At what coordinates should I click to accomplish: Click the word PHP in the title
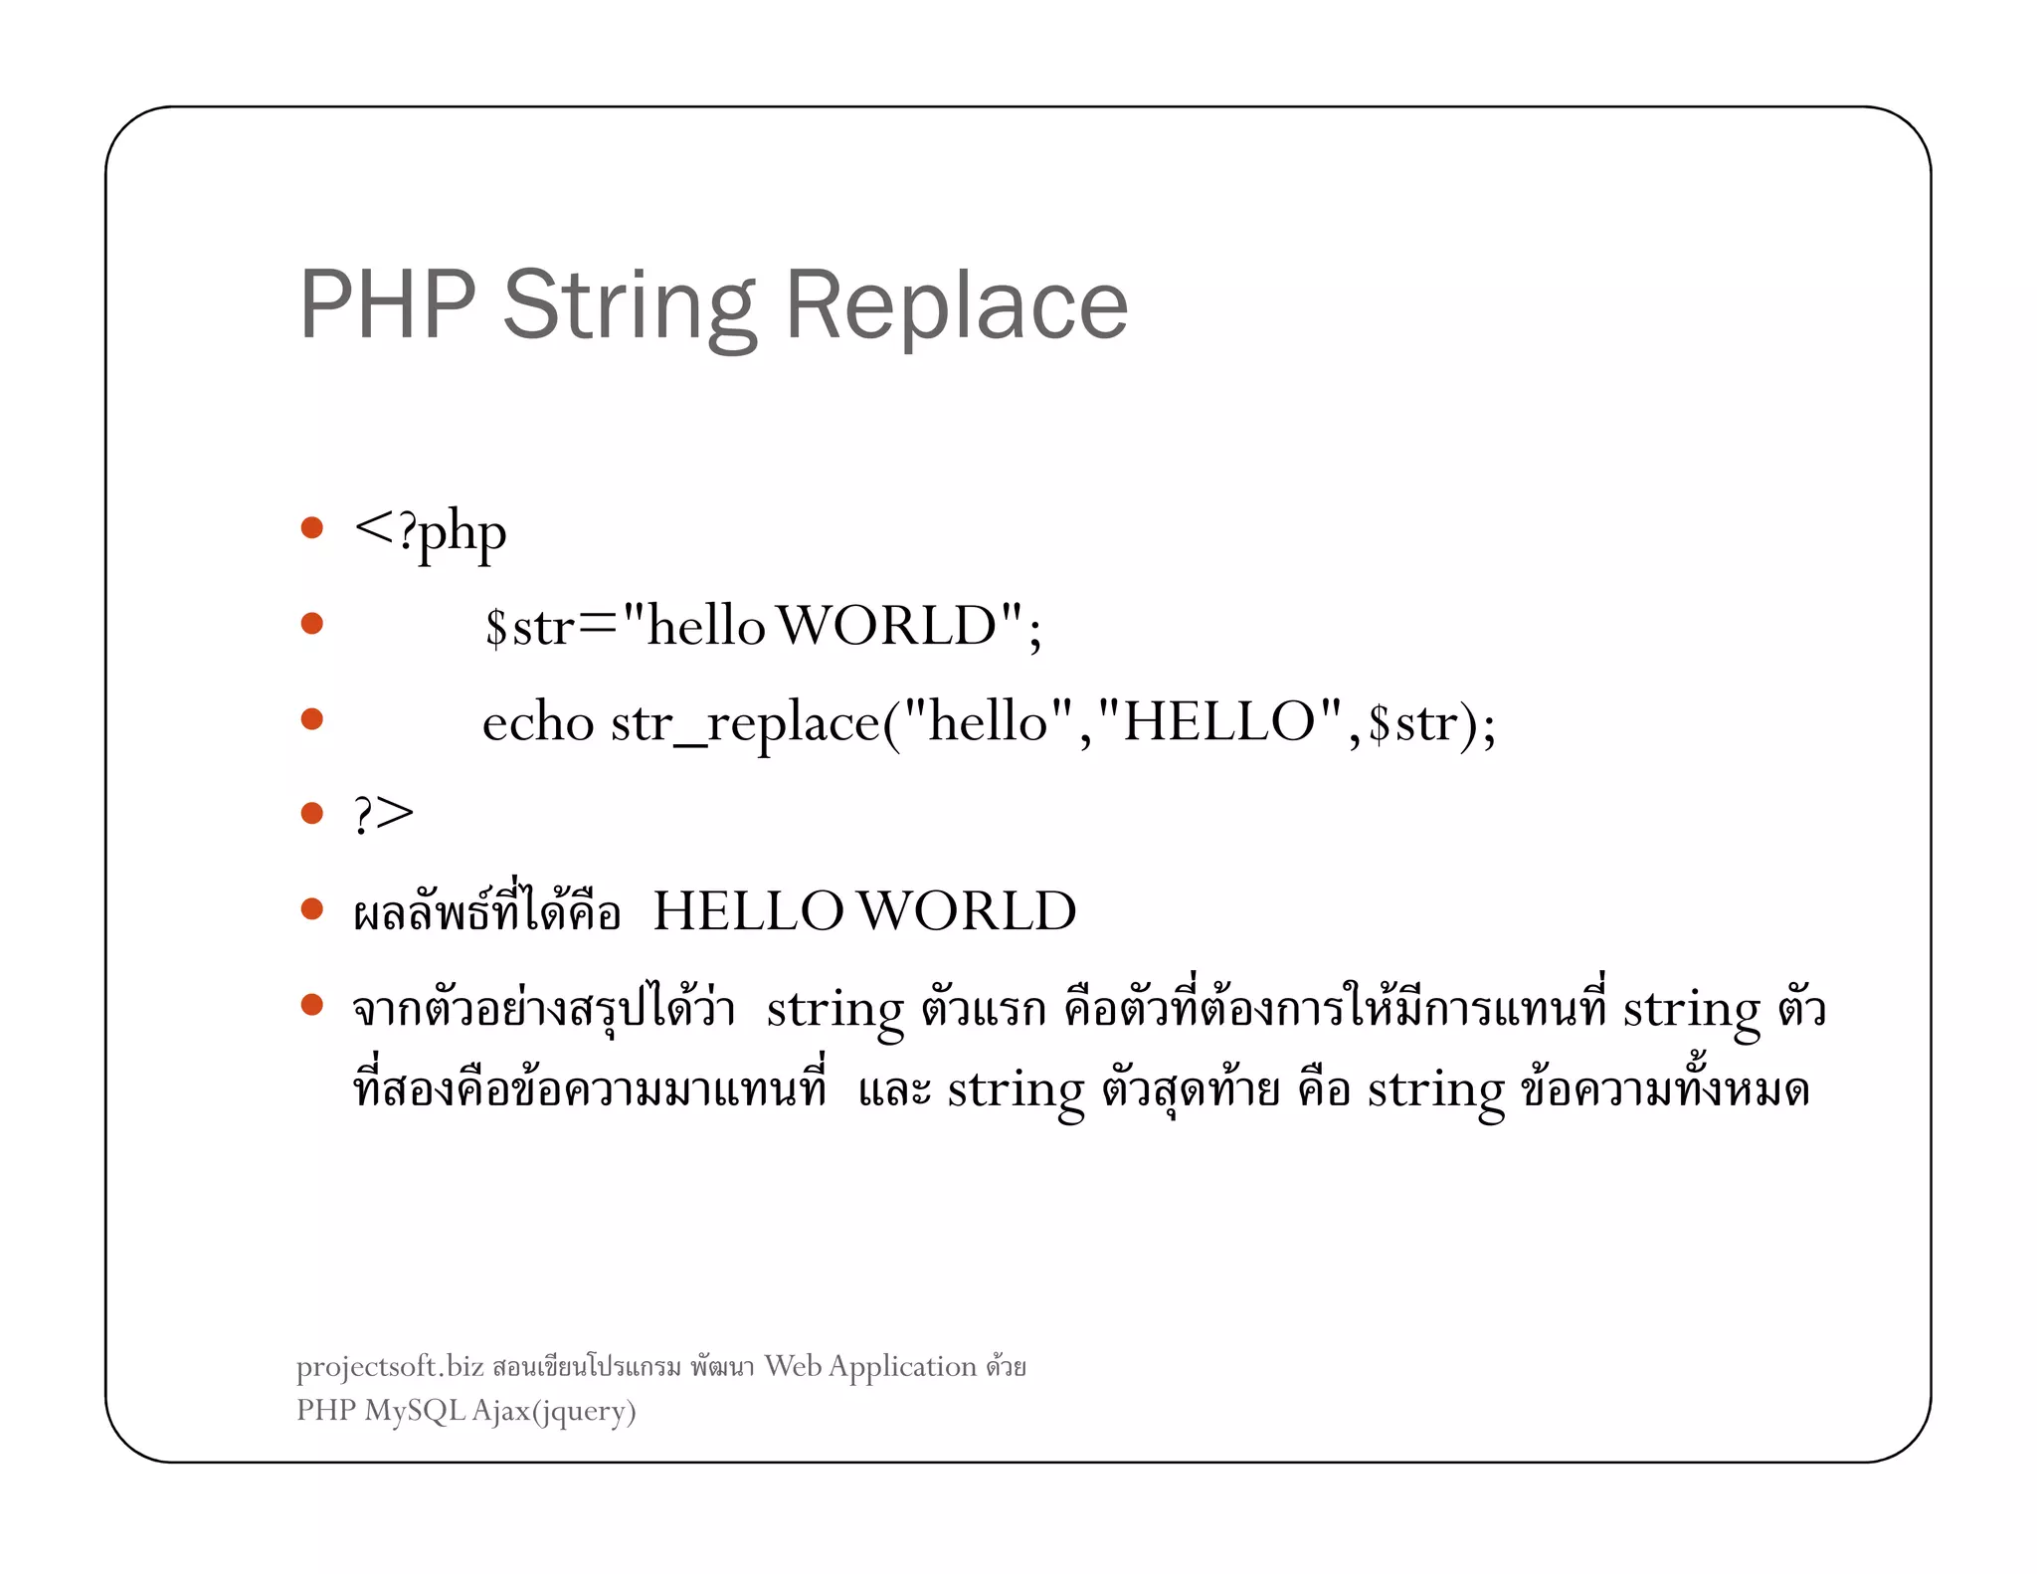[388, 304]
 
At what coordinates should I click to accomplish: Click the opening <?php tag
[430, 532]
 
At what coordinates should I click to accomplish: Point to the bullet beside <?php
[312, 527]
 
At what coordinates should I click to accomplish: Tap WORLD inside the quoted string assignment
[886, 627]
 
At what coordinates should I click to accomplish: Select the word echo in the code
[537, 722]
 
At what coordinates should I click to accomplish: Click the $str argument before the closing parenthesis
[1412, 723]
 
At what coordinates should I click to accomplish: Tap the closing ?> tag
[383, 814]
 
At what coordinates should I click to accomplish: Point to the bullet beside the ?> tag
[312, 814]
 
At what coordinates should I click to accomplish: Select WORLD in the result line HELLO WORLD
[966, 911]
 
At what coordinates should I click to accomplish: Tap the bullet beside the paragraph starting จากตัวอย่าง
[312, 1005]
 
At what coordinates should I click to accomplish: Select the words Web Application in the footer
[870, 1367]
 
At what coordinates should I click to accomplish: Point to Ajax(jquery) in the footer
[553, 1411]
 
